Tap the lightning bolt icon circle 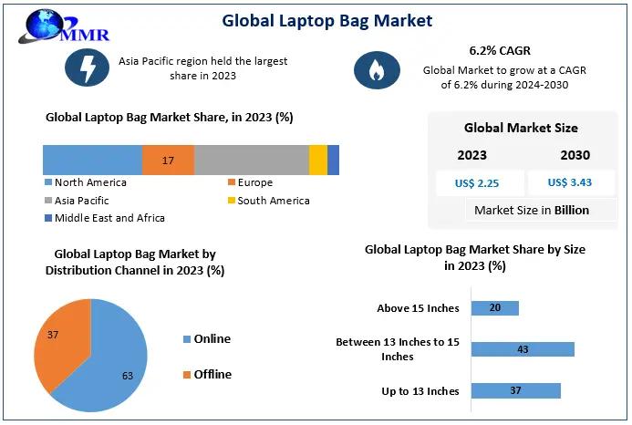point(88,68)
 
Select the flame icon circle point(375,70)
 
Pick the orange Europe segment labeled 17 point(168,160)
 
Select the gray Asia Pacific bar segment point(252,160)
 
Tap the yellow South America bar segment point(317,160)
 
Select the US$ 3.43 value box point(570,182)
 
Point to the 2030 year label point(575,155)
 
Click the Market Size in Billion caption point(532,210)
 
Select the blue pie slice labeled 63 point(114,365)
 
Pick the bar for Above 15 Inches point(494,308)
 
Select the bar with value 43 point(522,349)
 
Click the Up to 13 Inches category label point(420,391)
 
